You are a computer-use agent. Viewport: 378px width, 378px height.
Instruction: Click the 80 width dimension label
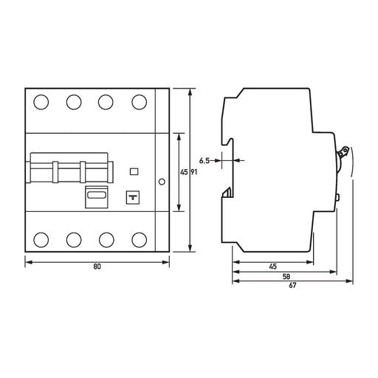point(97,267)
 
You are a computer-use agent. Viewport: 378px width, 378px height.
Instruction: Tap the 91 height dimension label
point(194,172)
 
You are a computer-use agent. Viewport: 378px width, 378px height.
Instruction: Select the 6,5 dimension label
point(205,161)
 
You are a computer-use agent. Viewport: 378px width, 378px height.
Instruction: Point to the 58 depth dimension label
point(286,277)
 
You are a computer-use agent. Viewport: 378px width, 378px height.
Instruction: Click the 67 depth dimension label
point(292,286)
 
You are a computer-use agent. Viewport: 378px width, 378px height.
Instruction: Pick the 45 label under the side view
point(273,267)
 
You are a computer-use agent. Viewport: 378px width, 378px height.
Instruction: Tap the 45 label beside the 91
point(184,172)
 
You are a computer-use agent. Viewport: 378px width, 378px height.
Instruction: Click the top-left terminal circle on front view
point(41,102)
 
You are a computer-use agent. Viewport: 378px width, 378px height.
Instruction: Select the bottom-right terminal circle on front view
point(140,240)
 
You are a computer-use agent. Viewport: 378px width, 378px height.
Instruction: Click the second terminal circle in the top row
point(74,102)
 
